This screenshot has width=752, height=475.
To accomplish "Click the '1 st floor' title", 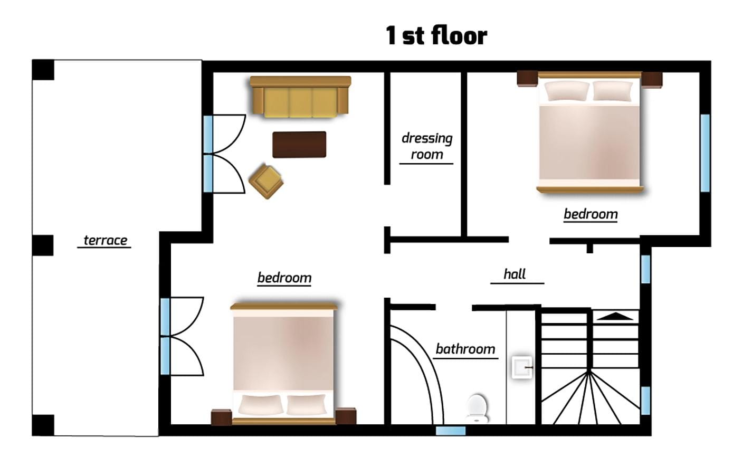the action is point(436,35).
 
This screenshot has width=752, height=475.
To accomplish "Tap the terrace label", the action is point(105,240).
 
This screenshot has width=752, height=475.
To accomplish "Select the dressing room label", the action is point(427,146).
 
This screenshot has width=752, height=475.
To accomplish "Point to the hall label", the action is point(515,274).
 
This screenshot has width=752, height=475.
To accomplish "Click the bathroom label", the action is point(465,349).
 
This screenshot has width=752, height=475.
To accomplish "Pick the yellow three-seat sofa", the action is point(300,97).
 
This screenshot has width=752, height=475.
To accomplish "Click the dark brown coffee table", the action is point(299,144).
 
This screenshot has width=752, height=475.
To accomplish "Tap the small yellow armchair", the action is point(266,181).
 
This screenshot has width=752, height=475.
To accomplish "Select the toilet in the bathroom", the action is point(477,408).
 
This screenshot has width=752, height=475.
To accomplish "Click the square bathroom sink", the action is point(522,367).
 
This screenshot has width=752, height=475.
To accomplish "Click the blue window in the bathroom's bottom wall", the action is point(451,431).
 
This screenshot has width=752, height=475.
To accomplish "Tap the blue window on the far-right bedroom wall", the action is point(705,153).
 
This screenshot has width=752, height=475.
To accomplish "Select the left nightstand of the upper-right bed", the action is point(527,79).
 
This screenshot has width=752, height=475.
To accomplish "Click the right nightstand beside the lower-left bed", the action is point(346,416).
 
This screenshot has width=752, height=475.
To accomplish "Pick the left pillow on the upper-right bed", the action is point(567,91).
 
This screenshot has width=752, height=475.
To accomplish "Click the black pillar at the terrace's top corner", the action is point(43,70).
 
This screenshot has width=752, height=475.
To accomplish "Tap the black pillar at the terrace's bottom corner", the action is point(43,425).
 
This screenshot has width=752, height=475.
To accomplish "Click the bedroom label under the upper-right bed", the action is point(591,214).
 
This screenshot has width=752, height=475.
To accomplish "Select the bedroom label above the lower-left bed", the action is point(284,278).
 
